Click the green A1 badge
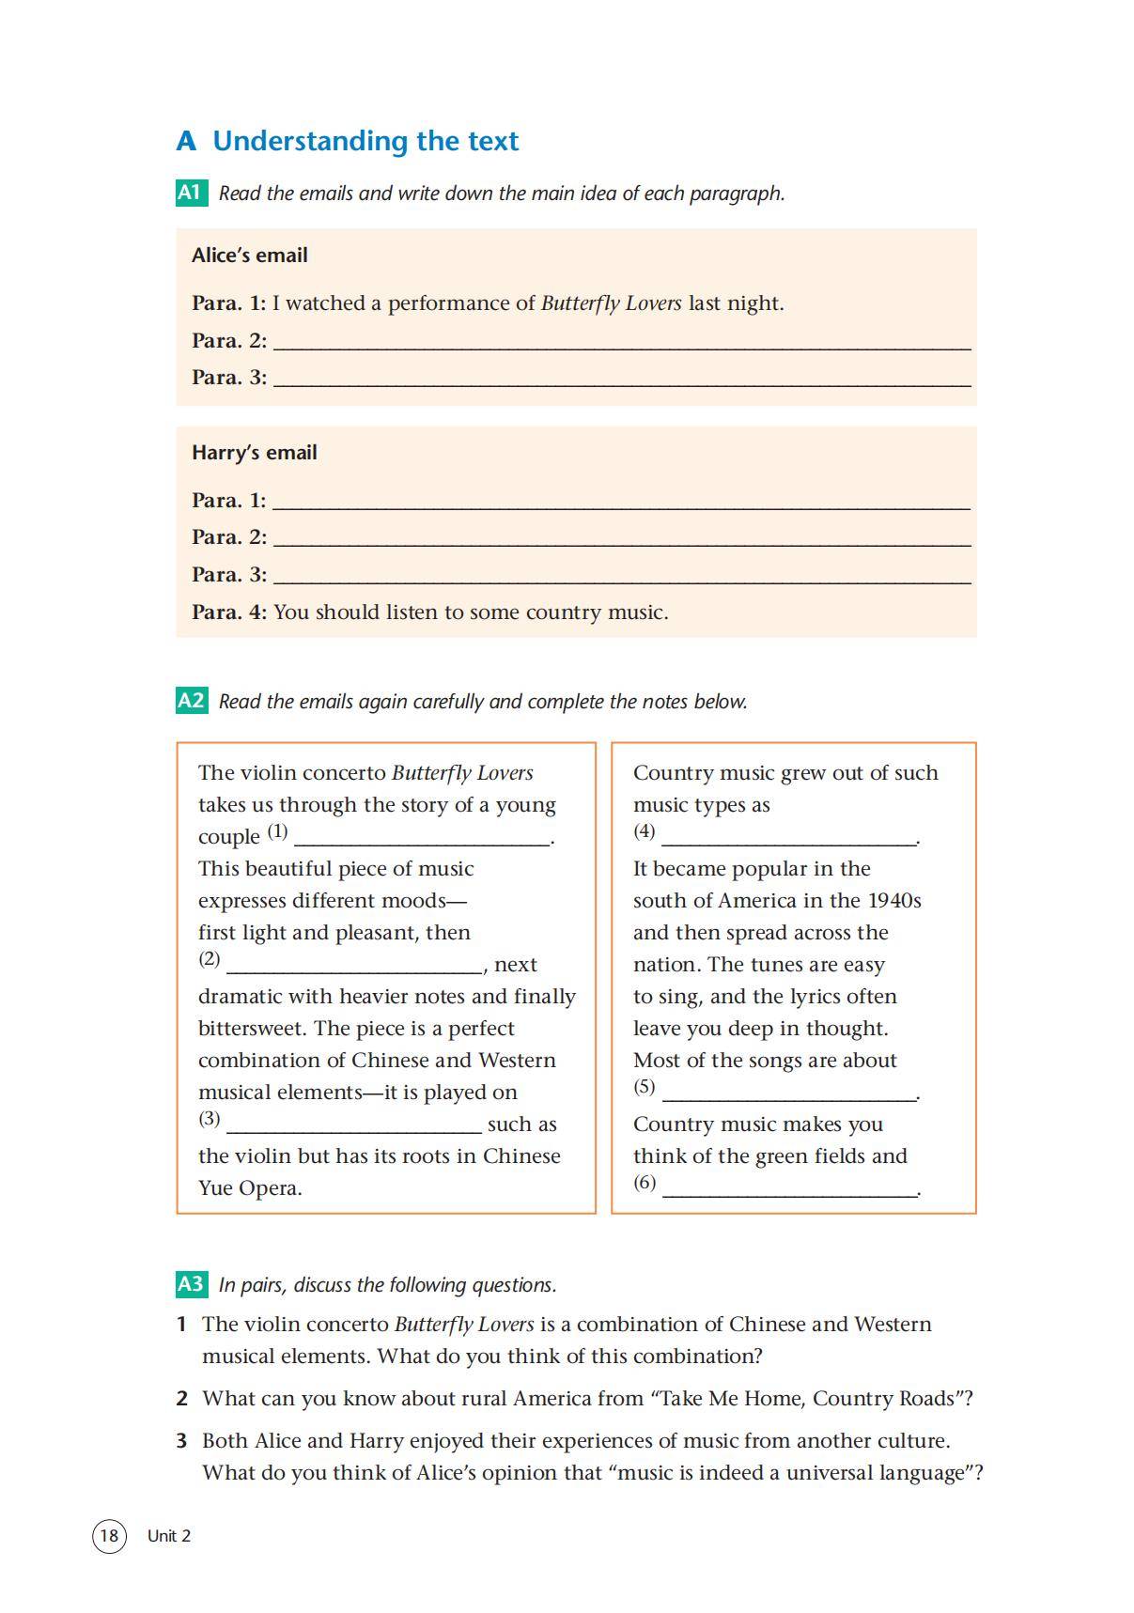[191, 193]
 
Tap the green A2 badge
[191, 701]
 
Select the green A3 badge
[191, 1284]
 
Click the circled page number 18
[109, 1536]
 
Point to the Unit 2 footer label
[169, 1536]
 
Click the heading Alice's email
[250, 256]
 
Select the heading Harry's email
[255, 453]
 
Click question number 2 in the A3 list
[181, 1399]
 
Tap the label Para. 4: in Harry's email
[229, 613]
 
